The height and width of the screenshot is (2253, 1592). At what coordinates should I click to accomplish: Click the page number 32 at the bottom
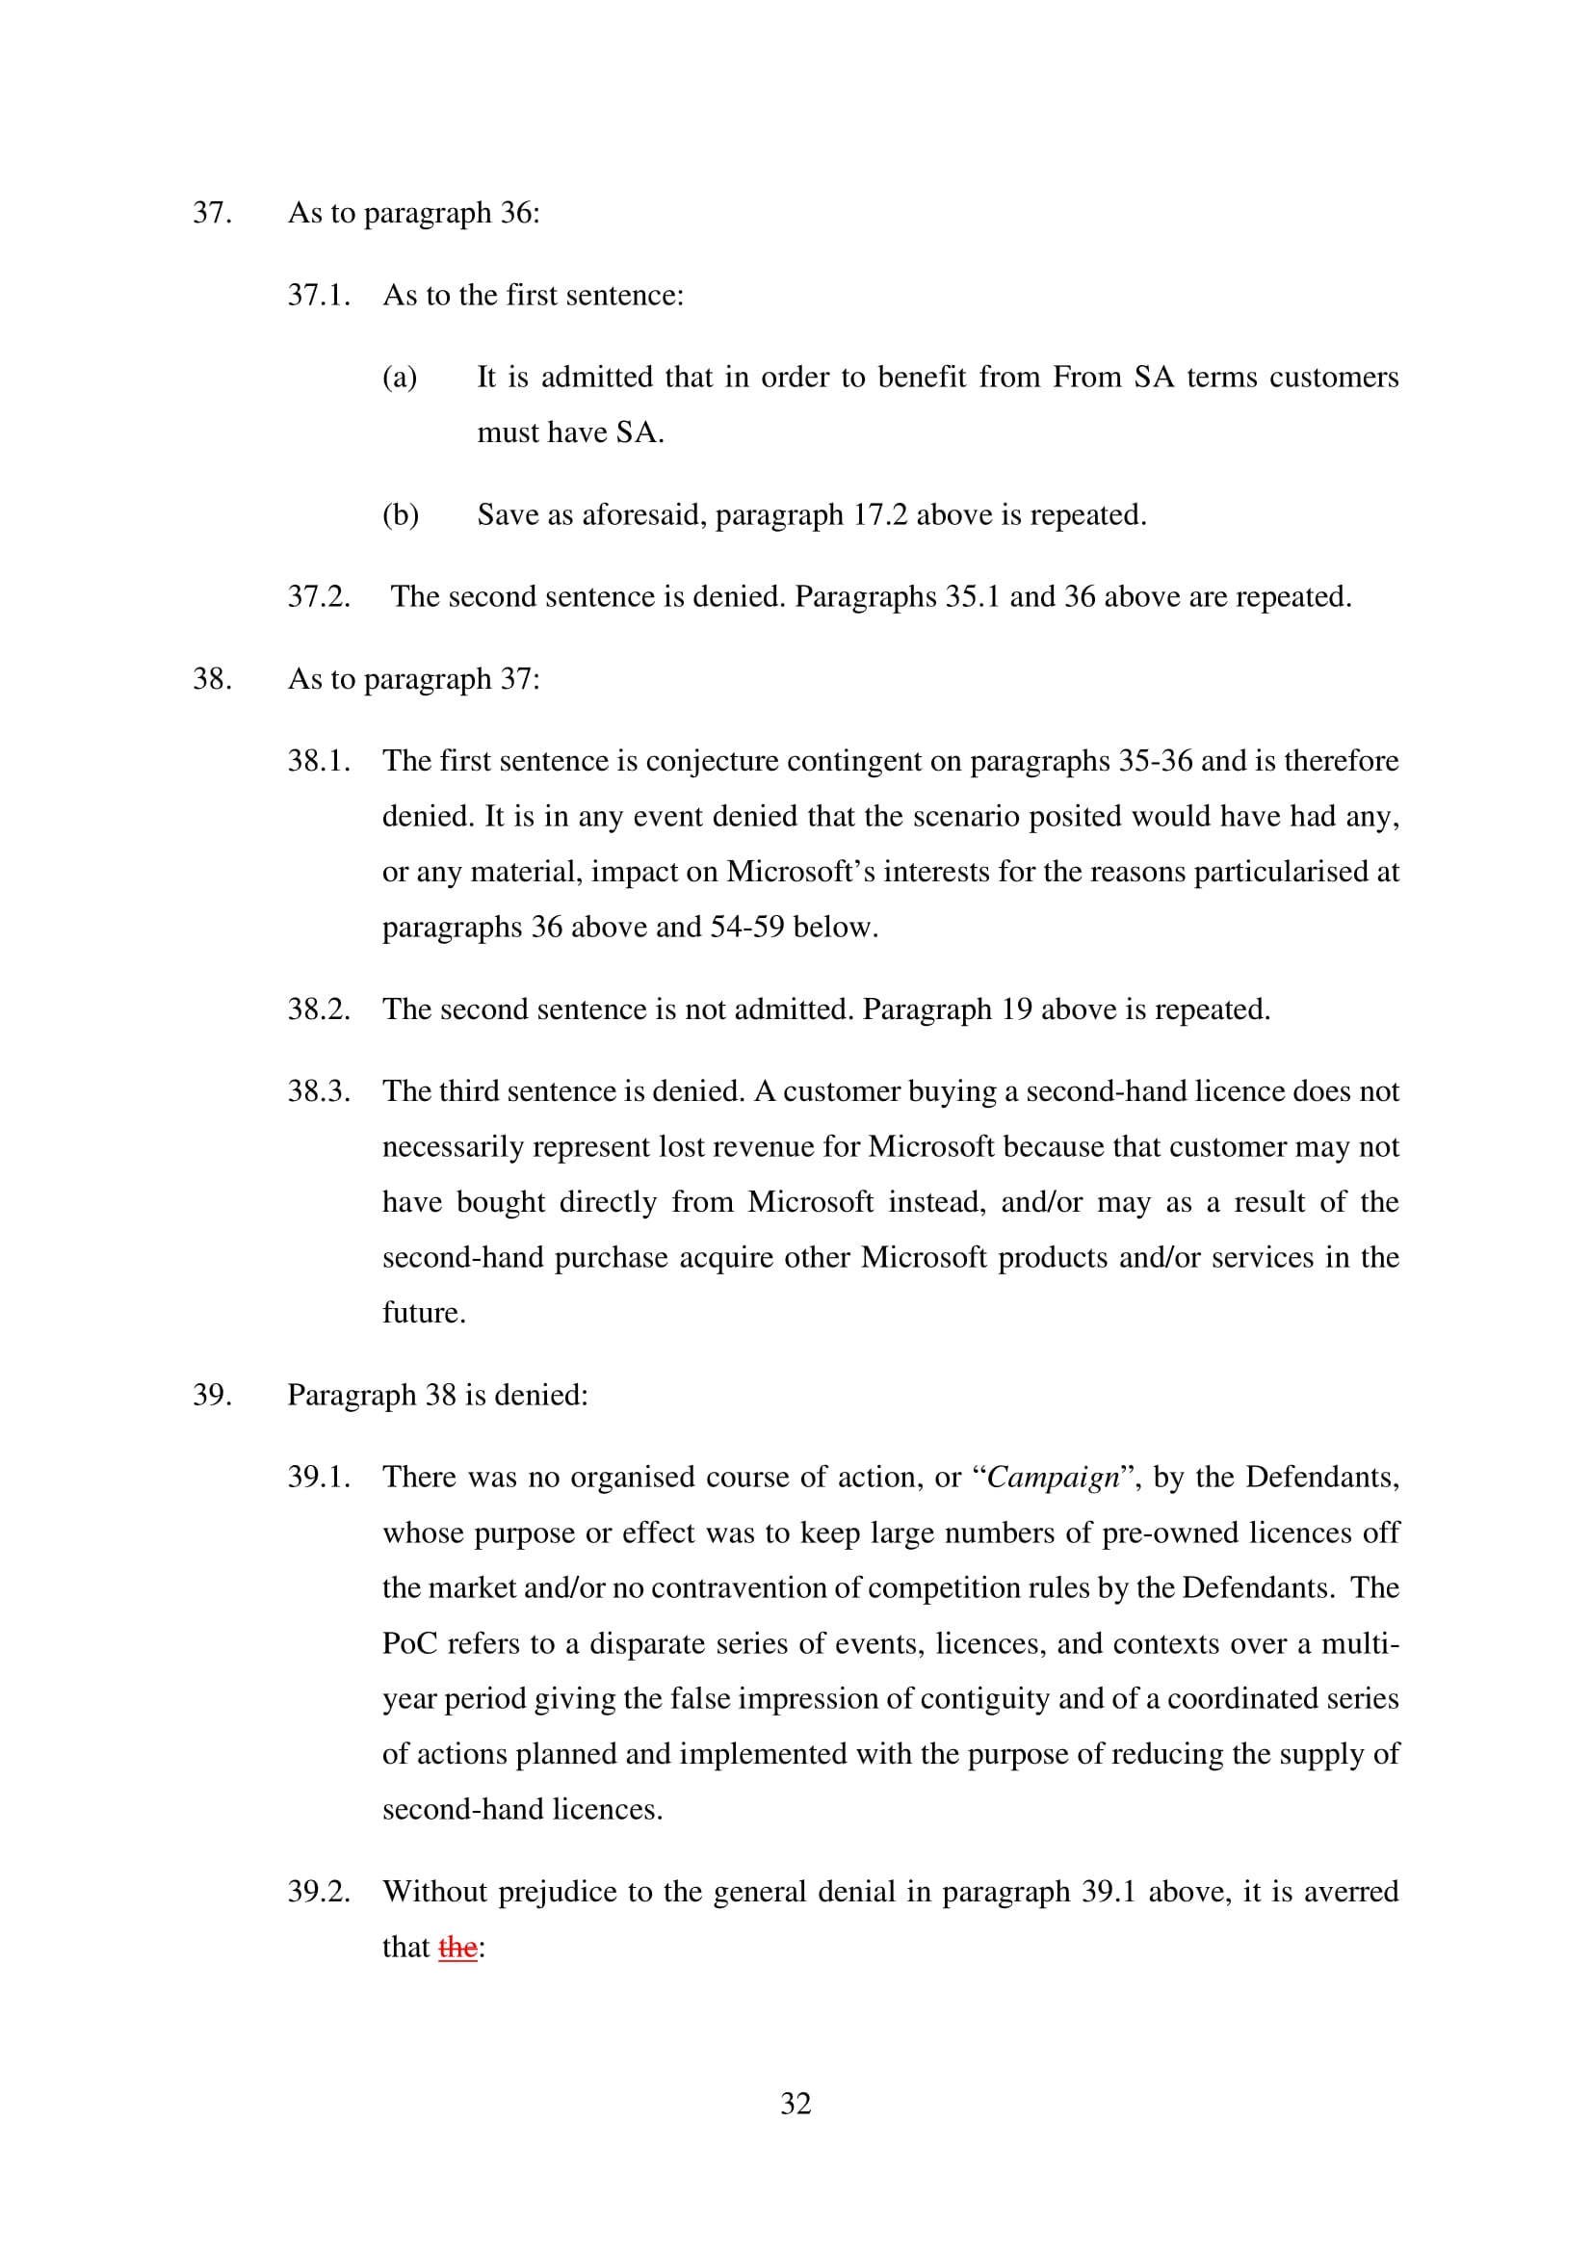pos(796,2103)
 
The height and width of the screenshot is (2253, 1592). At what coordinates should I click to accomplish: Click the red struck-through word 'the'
pos(457,1947)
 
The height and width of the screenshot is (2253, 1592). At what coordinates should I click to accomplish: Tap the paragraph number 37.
pos(212,213)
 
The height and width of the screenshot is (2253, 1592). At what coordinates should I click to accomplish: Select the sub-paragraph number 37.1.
pos(319,296)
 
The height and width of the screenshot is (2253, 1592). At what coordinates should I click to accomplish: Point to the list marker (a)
pos(400,377)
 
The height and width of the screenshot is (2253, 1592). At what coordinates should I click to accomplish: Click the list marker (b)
pos(401,514)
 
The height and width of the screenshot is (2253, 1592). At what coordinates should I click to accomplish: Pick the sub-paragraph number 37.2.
pos(319,596)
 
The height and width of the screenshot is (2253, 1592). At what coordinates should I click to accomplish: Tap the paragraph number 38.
pos(212,679)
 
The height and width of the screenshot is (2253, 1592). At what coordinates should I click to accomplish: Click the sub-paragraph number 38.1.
pos(319,761)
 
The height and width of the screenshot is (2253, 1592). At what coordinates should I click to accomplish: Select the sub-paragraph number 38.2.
pos(319,1009)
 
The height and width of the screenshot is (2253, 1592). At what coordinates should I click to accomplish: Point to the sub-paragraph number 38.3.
pos(319,1091)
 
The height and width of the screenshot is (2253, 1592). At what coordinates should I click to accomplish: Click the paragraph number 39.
pos(212,1395)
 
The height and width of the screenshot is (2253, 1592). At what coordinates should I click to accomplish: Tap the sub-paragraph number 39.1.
pos(319,1477)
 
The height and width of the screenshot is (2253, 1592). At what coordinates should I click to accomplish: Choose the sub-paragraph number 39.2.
pos(319,1891)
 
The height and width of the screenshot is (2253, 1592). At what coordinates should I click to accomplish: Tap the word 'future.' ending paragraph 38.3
pos(424,1312)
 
